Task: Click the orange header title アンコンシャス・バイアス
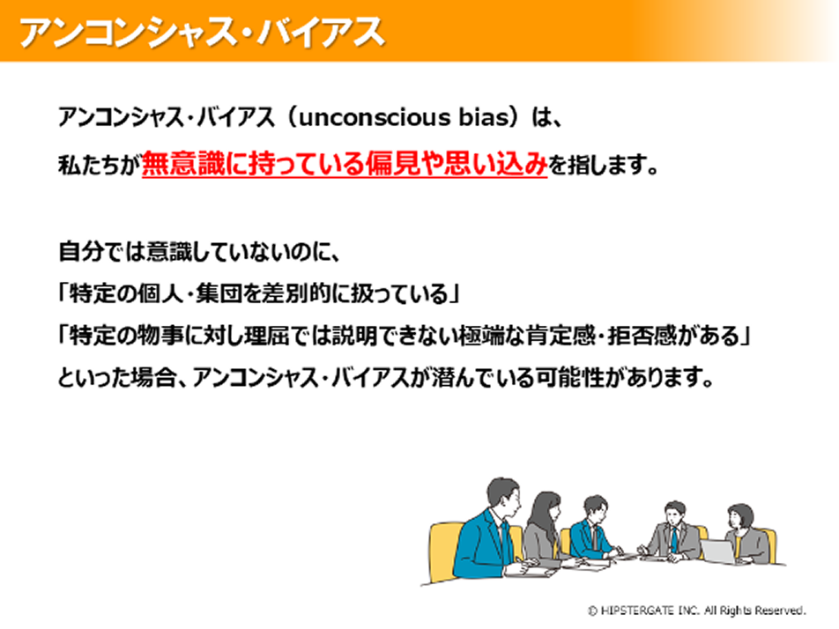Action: point(202,32)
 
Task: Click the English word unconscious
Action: point(375,117)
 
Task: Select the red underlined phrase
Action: point(345,164)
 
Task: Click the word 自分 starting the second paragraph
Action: point(79,251)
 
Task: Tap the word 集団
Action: point(218,293)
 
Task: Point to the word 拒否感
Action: point(642,336)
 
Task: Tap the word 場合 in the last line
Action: point(153,378)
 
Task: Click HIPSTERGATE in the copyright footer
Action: point(637,610)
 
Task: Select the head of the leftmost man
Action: point(502,496)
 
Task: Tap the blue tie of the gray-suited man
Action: point(674,539)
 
